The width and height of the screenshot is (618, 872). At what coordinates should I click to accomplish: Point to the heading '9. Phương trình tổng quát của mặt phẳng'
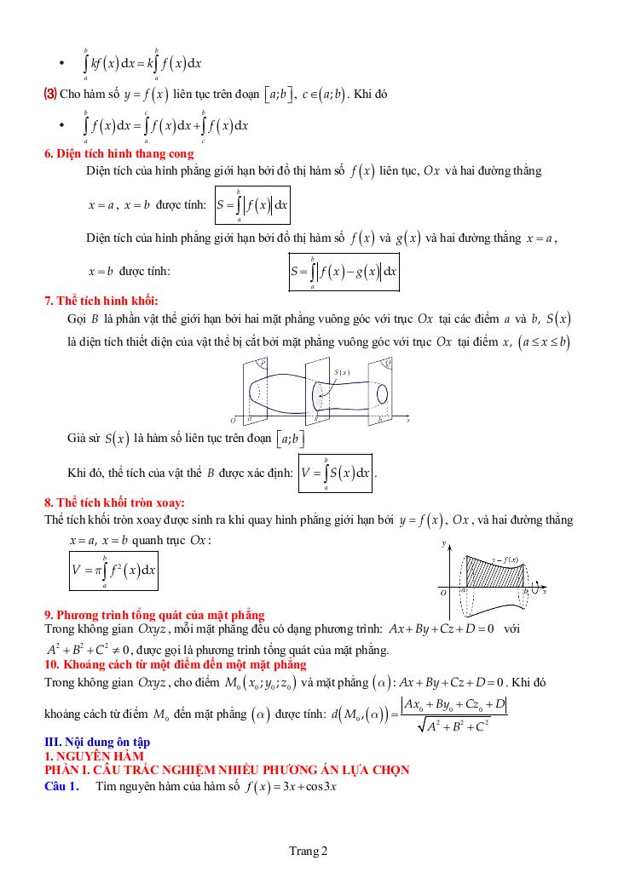(x=154, y=615)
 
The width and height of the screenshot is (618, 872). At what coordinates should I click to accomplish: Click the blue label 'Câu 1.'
(x=61, y=786)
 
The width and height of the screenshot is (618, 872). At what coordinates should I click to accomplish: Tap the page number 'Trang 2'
(x=309, y=850)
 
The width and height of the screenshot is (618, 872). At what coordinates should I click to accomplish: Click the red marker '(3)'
(x=50, y=94)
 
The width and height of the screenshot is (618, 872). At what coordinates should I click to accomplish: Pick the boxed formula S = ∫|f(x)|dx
(x=252, y=206)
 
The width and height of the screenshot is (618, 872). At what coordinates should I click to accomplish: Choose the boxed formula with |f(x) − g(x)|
(x=344, y=272)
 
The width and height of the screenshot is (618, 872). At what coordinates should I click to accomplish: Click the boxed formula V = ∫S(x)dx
(x=336, y=473)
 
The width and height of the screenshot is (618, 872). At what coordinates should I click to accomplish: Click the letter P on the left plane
(x=263, y=362)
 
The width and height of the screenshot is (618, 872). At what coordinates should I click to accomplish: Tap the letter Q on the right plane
(x=389, y=362)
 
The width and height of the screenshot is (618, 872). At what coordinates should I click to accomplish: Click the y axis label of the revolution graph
(x=445, y=542)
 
